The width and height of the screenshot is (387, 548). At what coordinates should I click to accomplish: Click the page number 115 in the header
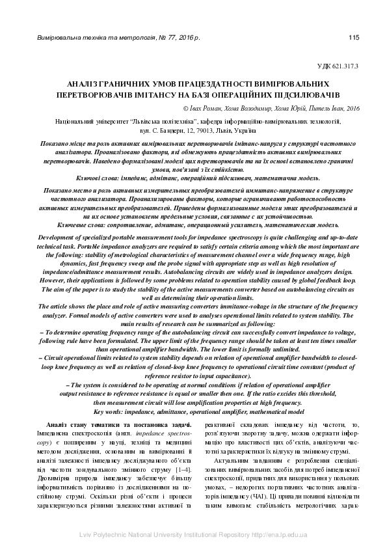(x=354, y=38)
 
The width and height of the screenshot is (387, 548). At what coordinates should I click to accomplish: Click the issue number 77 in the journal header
(x=170, y=38)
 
